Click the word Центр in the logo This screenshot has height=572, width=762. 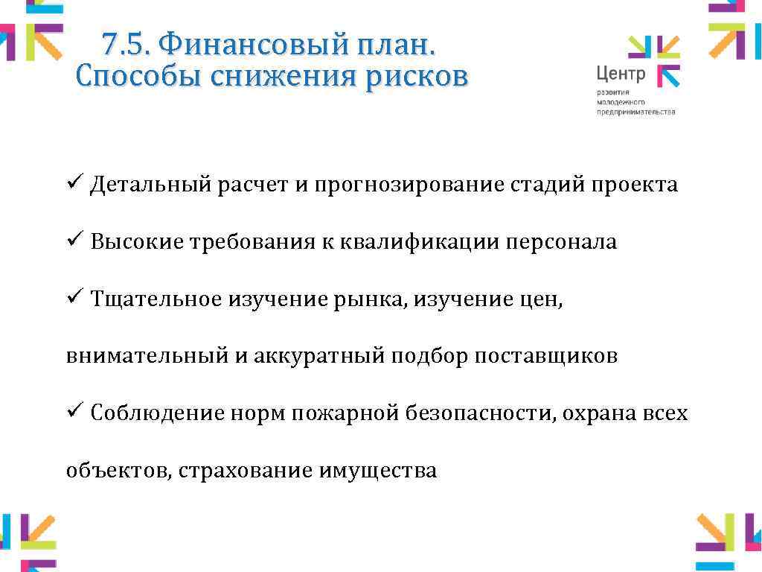(621, 74)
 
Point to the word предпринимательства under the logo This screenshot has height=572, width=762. (635, 112)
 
